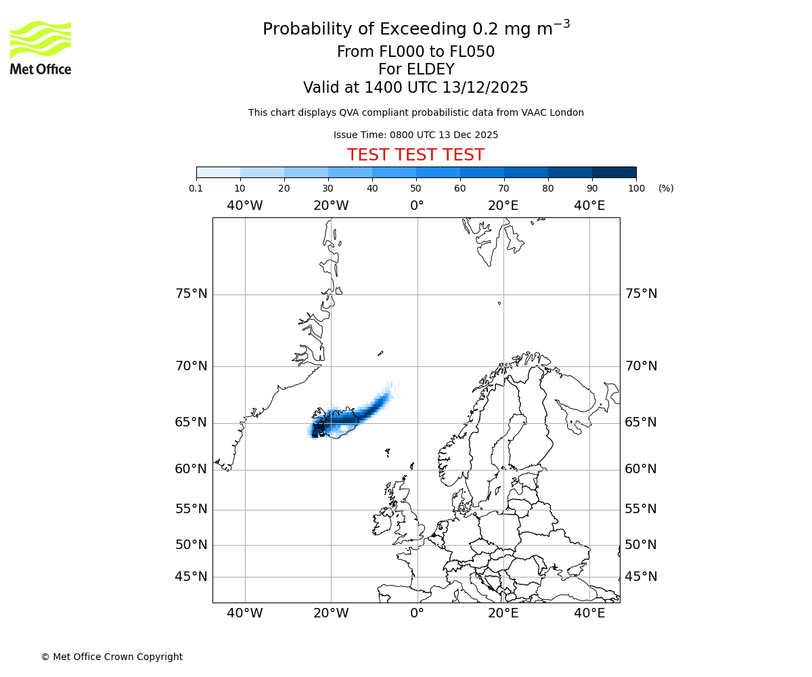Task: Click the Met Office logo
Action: point(41,47)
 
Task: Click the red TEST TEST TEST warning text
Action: point(415,155)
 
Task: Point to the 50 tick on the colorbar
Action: point(416,188)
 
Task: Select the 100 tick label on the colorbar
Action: point(636,188)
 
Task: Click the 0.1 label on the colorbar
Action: point(196,188)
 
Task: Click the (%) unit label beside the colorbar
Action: point(666,188)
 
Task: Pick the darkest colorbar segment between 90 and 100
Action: point(614,172)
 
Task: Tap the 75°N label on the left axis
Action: point(191,294)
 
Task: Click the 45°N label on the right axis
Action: point(641,577)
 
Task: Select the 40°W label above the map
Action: point(245,206)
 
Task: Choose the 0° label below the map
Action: point(417,613)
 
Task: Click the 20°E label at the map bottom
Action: point(503,613)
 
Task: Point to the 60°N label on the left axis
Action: point(191,469)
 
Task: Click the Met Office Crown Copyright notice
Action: point(112,657)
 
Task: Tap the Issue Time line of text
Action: point(415,135)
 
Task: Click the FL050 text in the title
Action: point(472,52)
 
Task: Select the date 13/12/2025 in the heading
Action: point(485,87)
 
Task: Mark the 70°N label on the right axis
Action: point(641,366)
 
